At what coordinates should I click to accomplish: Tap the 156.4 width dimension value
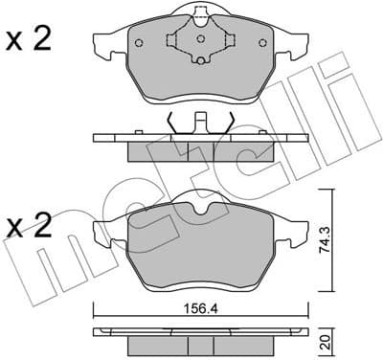click(200, 296)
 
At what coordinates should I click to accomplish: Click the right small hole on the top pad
click(263, 43)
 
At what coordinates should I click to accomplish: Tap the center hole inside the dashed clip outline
click(201, 42)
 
